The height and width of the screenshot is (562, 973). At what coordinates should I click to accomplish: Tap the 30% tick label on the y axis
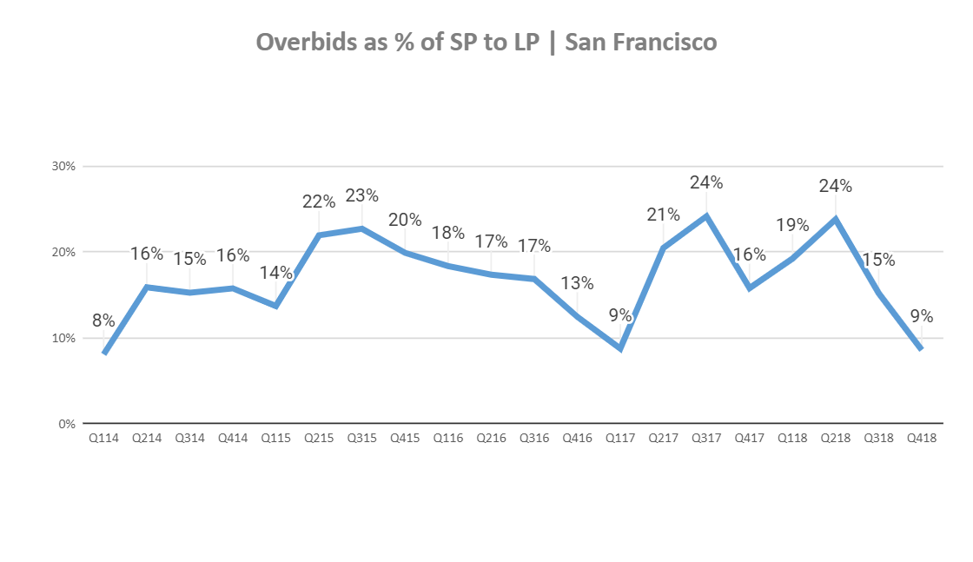point(65,166)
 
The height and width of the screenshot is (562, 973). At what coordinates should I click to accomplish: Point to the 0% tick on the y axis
point(68,424)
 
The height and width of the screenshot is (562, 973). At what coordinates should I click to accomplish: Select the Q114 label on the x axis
point(104,439)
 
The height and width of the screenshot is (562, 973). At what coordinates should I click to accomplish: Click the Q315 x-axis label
point(361,439)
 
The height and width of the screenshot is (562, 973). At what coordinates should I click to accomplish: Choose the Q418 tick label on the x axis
point(921,439)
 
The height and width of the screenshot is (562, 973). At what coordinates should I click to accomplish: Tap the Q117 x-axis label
point(619,439)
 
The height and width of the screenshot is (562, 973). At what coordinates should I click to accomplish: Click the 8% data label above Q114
point(103,321)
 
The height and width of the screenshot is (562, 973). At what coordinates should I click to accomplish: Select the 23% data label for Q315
point(361,195)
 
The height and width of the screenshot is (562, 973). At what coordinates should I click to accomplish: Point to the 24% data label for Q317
point(706,182)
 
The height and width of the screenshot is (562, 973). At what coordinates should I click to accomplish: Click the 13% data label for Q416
point(577,283)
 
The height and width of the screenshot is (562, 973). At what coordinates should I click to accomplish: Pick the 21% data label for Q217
point(664,215)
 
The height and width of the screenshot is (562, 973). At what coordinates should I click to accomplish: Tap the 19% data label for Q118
point(792,225)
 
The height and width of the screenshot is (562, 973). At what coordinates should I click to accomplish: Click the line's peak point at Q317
point(706,215)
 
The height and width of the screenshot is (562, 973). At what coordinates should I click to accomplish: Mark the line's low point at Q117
point(620,348)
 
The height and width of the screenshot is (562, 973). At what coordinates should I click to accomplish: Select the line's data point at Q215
point(319,235)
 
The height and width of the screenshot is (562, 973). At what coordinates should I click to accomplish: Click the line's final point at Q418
point(921,349)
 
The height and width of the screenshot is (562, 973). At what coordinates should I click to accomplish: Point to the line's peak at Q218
point(836,219)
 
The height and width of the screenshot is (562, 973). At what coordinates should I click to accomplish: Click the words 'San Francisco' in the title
point(641,42)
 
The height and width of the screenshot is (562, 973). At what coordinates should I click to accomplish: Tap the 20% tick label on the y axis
point(65,252)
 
